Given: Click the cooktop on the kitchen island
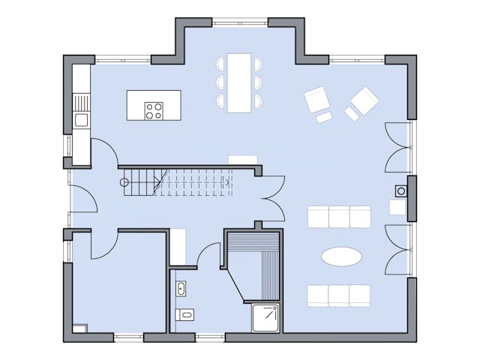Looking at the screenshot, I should [154, 111].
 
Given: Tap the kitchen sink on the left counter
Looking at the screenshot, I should [80, 119].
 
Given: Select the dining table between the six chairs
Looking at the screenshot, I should [240, 82].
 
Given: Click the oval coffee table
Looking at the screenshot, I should [341, 256].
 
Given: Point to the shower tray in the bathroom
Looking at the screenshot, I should [265, 317].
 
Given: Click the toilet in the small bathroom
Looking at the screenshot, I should [183, 314].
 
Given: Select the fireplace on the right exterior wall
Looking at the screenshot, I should [402, 191].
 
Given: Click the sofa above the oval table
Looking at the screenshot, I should [339, 217].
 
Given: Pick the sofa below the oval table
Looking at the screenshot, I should [339, 295].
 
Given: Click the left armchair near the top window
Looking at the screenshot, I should [316, 99].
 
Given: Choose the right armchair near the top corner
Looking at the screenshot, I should [364, 100].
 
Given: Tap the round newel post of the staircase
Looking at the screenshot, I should [124, 182].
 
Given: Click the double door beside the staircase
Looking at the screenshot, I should [271, 197].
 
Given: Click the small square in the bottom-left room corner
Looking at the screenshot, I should [79, 328].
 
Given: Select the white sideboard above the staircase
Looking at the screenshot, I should [243, 160].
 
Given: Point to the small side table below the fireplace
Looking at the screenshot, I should [397, 208].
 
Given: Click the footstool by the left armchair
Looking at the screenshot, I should [324, 118].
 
